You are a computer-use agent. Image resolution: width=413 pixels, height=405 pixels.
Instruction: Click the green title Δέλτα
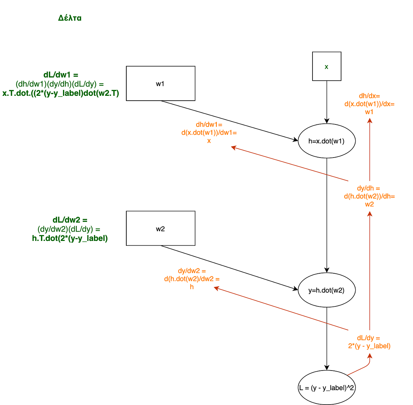click(x=70, y=18)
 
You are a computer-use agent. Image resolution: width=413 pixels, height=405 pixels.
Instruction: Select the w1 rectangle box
click(x=160, y=83)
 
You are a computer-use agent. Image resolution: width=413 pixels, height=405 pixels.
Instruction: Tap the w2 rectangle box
click(x=160, y=228)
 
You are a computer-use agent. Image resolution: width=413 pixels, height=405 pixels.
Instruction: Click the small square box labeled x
click(x=327, y=66)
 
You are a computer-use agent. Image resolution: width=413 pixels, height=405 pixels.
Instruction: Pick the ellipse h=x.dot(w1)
click(x=326, y=141)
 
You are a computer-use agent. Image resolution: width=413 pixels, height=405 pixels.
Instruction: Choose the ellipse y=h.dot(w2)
click(x=326, y=290)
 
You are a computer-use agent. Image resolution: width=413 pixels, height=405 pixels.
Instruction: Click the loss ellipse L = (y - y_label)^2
click(x=326, y=388)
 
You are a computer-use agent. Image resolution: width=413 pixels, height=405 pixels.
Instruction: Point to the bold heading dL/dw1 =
click(x=61, y=75)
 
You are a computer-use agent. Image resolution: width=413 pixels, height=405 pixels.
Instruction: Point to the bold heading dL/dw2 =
click(x=70, y=220)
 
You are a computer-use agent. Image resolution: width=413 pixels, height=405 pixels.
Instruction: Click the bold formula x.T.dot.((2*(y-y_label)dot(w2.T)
click(x=61, y=93)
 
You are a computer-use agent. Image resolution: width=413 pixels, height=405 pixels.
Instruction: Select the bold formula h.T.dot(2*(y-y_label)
click(x=70, y=238)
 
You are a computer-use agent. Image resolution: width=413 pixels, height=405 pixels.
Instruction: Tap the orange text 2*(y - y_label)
click(x=369, y=346)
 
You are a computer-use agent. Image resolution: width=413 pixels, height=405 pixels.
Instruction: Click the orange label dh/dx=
click(x=369, y=96)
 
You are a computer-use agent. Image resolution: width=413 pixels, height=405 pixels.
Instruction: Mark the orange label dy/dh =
click(x=369, y=188)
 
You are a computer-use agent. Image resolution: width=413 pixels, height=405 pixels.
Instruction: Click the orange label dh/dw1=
click(x=209, y=124)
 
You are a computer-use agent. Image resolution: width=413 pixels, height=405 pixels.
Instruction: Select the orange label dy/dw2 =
click(x=192, y=271)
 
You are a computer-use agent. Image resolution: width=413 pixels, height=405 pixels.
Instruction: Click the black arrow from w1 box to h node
click(x=229, y=121)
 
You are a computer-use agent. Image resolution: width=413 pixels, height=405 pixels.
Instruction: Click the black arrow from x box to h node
click(x=327, y=102)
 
